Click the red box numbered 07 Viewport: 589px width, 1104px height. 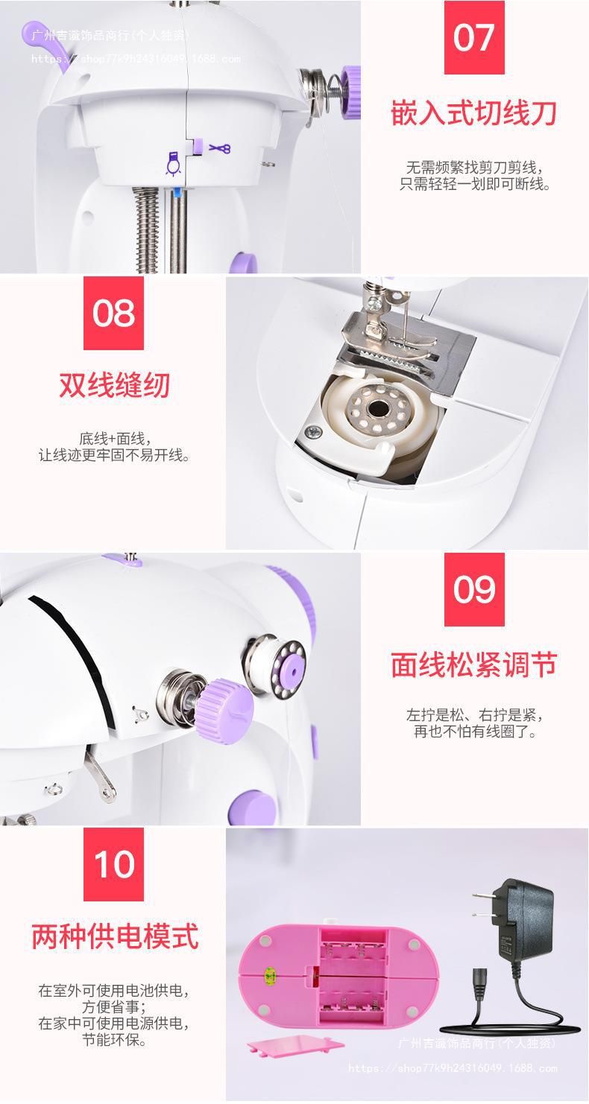coord(474,37)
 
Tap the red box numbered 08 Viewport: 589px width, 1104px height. coord(113,313)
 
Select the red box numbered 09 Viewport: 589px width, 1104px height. coord(474,589)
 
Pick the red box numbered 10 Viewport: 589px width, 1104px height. coord(113,864)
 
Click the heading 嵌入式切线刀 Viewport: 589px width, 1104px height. coord(474,113)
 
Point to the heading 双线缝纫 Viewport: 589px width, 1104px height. coord(114,385)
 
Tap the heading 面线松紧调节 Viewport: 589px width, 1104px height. coord(474,664)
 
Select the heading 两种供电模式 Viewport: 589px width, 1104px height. coord(115,936)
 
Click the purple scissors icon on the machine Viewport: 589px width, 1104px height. coord(219,147)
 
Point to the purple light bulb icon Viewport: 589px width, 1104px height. coord(172,164)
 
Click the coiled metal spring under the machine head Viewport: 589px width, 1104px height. coord(147,229)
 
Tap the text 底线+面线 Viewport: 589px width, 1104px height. coord(115,439)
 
